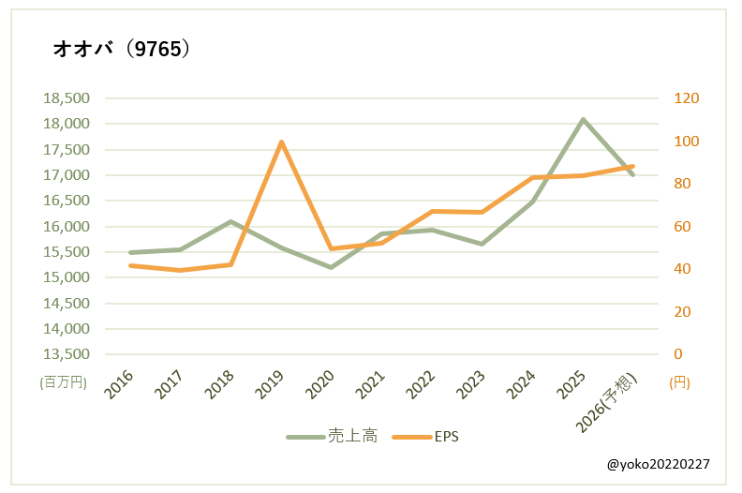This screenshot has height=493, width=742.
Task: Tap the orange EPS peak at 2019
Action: [x=281, y=142]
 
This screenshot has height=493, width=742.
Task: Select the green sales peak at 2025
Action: [x=583, y=119]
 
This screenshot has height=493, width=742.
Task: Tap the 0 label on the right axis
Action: [x=679, y=354]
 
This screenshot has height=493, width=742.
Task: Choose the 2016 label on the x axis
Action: [x=119, y=384]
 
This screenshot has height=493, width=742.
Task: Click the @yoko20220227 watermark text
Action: [x=659, y=463]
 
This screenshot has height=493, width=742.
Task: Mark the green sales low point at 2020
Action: [x=331, y=267]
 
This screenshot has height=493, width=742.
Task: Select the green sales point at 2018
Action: [x=230, y=222]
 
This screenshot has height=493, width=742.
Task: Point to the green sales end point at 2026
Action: [x=633, y=174]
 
